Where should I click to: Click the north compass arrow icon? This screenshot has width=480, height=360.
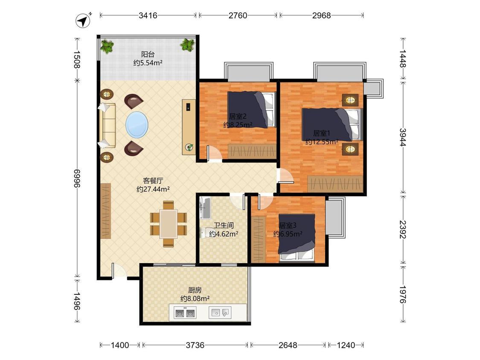pos(83,21)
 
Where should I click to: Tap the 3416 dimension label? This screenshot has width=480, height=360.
pos(148,15)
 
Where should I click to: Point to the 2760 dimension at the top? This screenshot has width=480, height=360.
pos(238,15)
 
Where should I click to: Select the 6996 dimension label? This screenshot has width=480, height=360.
pos(77,180)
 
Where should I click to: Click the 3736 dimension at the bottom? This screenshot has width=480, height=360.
pos(195,345)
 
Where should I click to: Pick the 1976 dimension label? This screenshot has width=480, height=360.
pos(403,294)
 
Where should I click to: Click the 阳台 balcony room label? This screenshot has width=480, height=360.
pos(148,55)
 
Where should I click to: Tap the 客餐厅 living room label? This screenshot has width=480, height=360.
pos(153,180)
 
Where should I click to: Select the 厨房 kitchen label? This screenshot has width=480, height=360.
pos(195,290)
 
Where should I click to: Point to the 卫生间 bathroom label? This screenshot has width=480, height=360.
pos(224,226)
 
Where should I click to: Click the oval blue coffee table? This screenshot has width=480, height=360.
pos(137,125)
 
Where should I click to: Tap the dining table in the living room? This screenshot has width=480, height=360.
pos(169,224)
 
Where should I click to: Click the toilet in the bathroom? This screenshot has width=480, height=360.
pos(204,232)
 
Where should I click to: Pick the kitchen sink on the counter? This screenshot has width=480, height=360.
pos(220,313)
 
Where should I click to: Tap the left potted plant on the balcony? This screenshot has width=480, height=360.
pos(107,47)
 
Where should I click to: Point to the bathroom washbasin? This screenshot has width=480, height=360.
pos(205,208)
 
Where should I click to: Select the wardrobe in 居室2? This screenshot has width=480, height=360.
pos(252,151)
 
